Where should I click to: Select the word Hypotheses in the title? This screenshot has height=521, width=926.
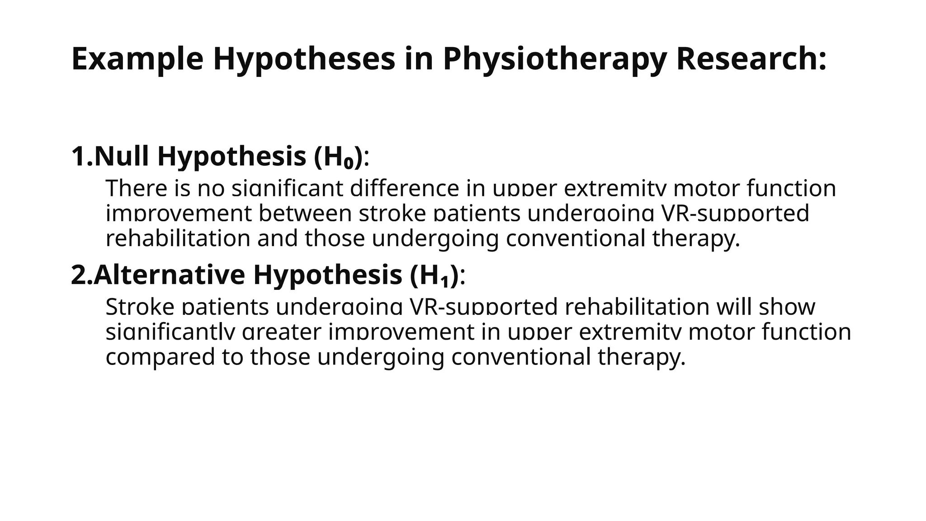point(304,59)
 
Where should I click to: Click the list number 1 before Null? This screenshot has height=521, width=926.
point(78,156)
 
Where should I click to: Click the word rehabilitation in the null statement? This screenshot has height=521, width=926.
point(178,238)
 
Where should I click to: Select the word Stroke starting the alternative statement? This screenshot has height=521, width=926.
point(140,307)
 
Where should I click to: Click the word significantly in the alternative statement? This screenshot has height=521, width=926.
point(170,332)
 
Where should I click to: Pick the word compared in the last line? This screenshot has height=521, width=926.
point(160,357)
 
